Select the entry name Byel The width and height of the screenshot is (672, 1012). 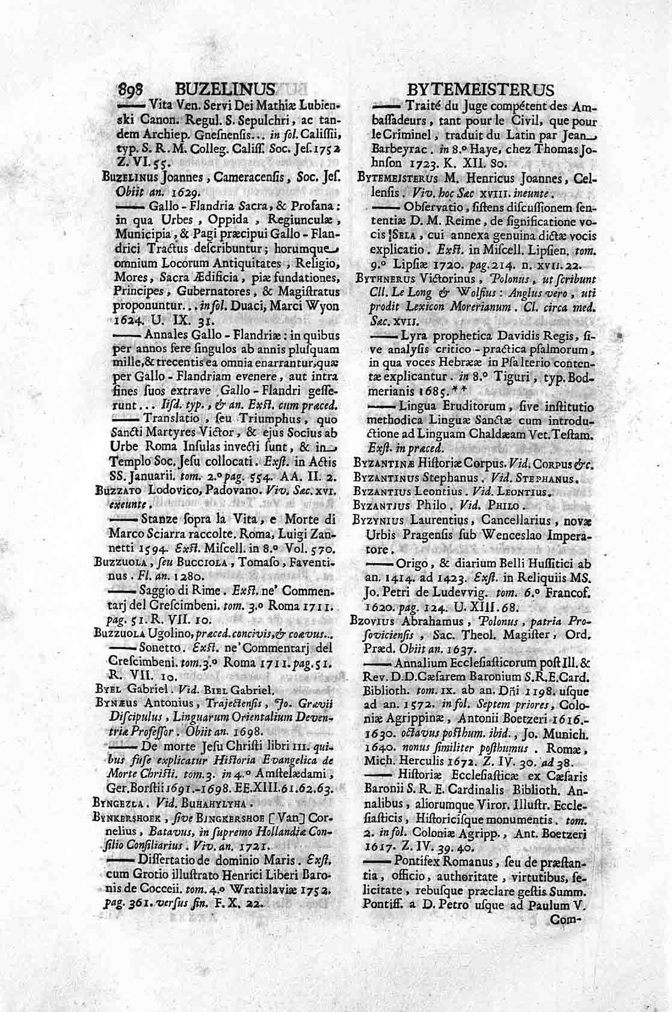(x=106, y=691)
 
